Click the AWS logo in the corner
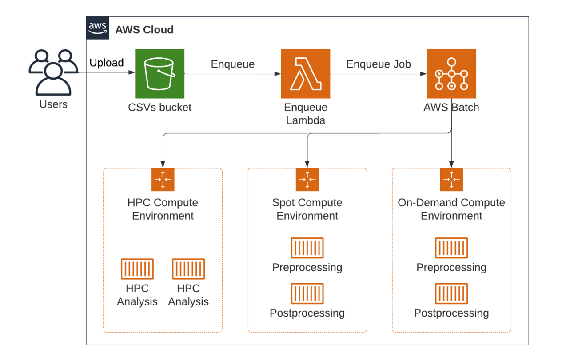point(98,28)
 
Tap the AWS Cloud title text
point(144,30)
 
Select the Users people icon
point(53,72)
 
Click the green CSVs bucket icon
point(159,74)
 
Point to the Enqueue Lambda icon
point(306,74)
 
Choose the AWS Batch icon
point(451,74)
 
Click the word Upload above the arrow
point(107,63)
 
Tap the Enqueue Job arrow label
point(379,64)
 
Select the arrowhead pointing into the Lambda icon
point(278,74)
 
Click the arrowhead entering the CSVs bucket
point(132,72)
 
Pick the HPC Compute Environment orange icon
point(163,180)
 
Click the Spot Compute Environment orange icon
point(307,180)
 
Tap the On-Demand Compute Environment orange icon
point(451,180)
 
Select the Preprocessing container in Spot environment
point(307,248)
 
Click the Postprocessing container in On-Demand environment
point(451,293)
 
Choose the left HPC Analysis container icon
point(137,269)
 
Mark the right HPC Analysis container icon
point(188,269)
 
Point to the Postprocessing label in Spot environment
point(307,313)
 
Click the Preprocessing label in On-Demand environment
point(451,268)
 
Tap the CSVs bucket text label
point(159,108)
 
